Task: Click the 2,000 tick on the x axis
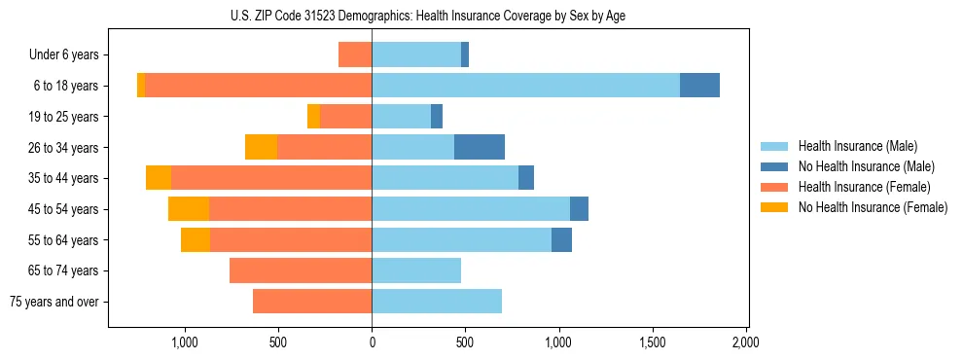(745, 342)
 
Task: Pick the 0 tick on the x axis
(372, 342)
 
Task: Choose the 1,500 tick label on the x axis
(652, 342)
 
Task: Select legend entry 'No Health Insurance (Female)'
(873, 207)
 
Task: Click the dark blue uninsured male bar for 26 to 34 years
(480, 147)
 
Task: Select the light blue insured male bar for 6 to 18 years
(525, 86)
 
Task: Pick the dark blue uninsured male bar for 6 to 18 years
(699, 86)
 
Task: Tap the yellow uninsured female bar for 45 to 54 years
(189, 209)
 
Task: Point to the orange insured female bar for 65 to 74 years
(301, 270)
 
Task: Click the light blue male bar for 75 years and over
(437, 302)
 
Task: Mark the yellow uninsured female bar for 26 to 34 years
(261, 147)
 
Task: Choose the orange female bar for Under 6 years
(355, 54)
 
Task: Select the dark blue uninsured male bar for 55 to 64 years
(561, 239)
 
